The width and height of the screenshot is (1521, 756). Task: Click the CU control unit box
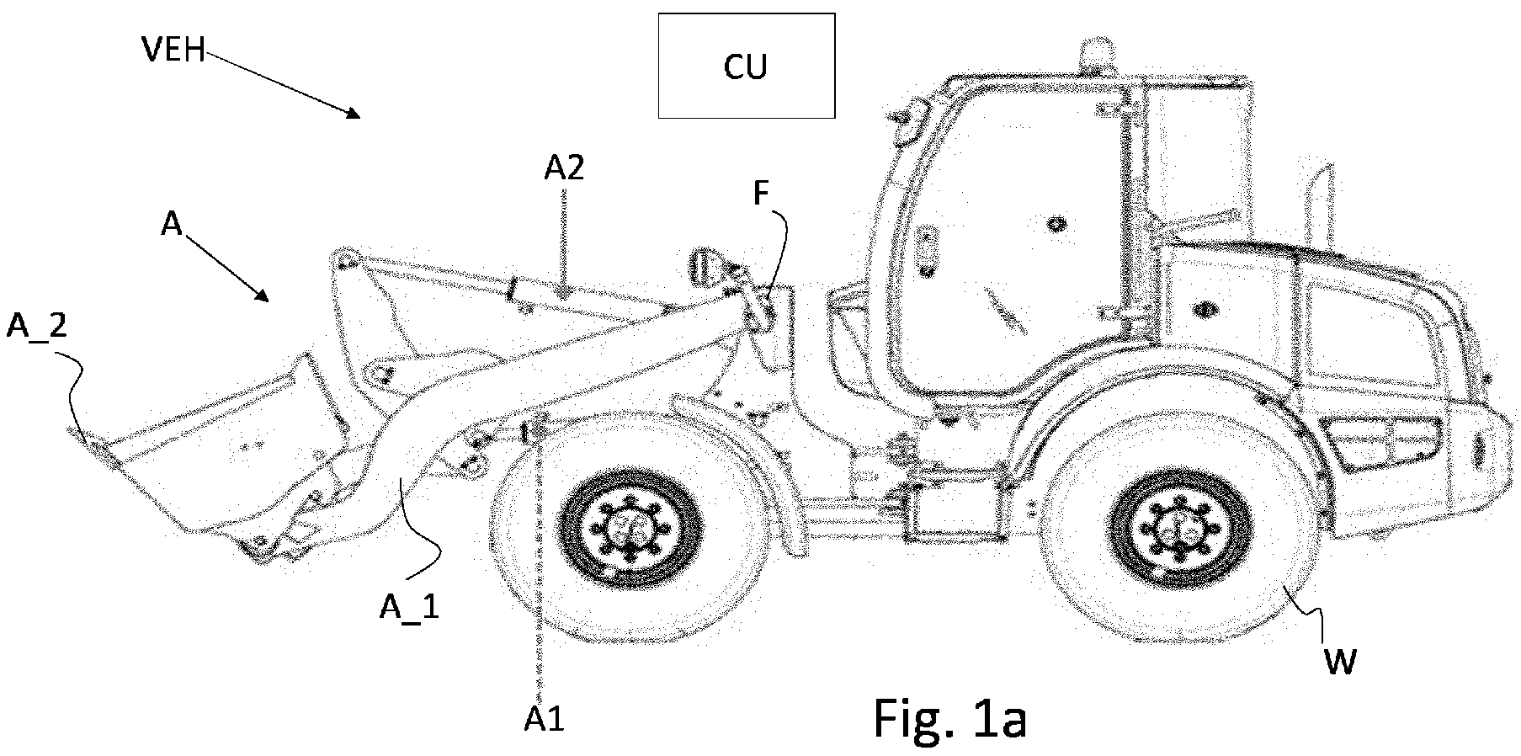746,65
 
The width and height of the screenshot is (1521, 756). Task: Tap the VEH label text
173,51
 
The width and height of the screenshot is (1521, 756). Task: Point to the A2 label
564,169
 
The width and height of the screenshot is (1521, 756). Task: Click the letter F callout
761,194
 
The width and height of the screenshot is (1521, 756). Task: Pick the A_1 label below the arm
409,606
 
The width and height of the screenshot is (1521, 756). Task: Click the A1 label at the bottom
544,719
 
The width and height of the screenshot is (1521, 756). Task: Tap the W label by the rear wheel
1339,662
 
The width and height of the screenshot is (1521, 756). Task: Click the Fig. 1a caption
949,717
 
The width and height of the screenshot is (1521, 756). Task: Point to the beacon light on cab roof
1093,53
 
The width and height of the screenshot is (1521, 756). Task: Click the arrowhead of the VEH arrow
355,113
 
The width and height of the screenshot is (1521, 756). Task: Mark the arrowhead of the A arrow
263,295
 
